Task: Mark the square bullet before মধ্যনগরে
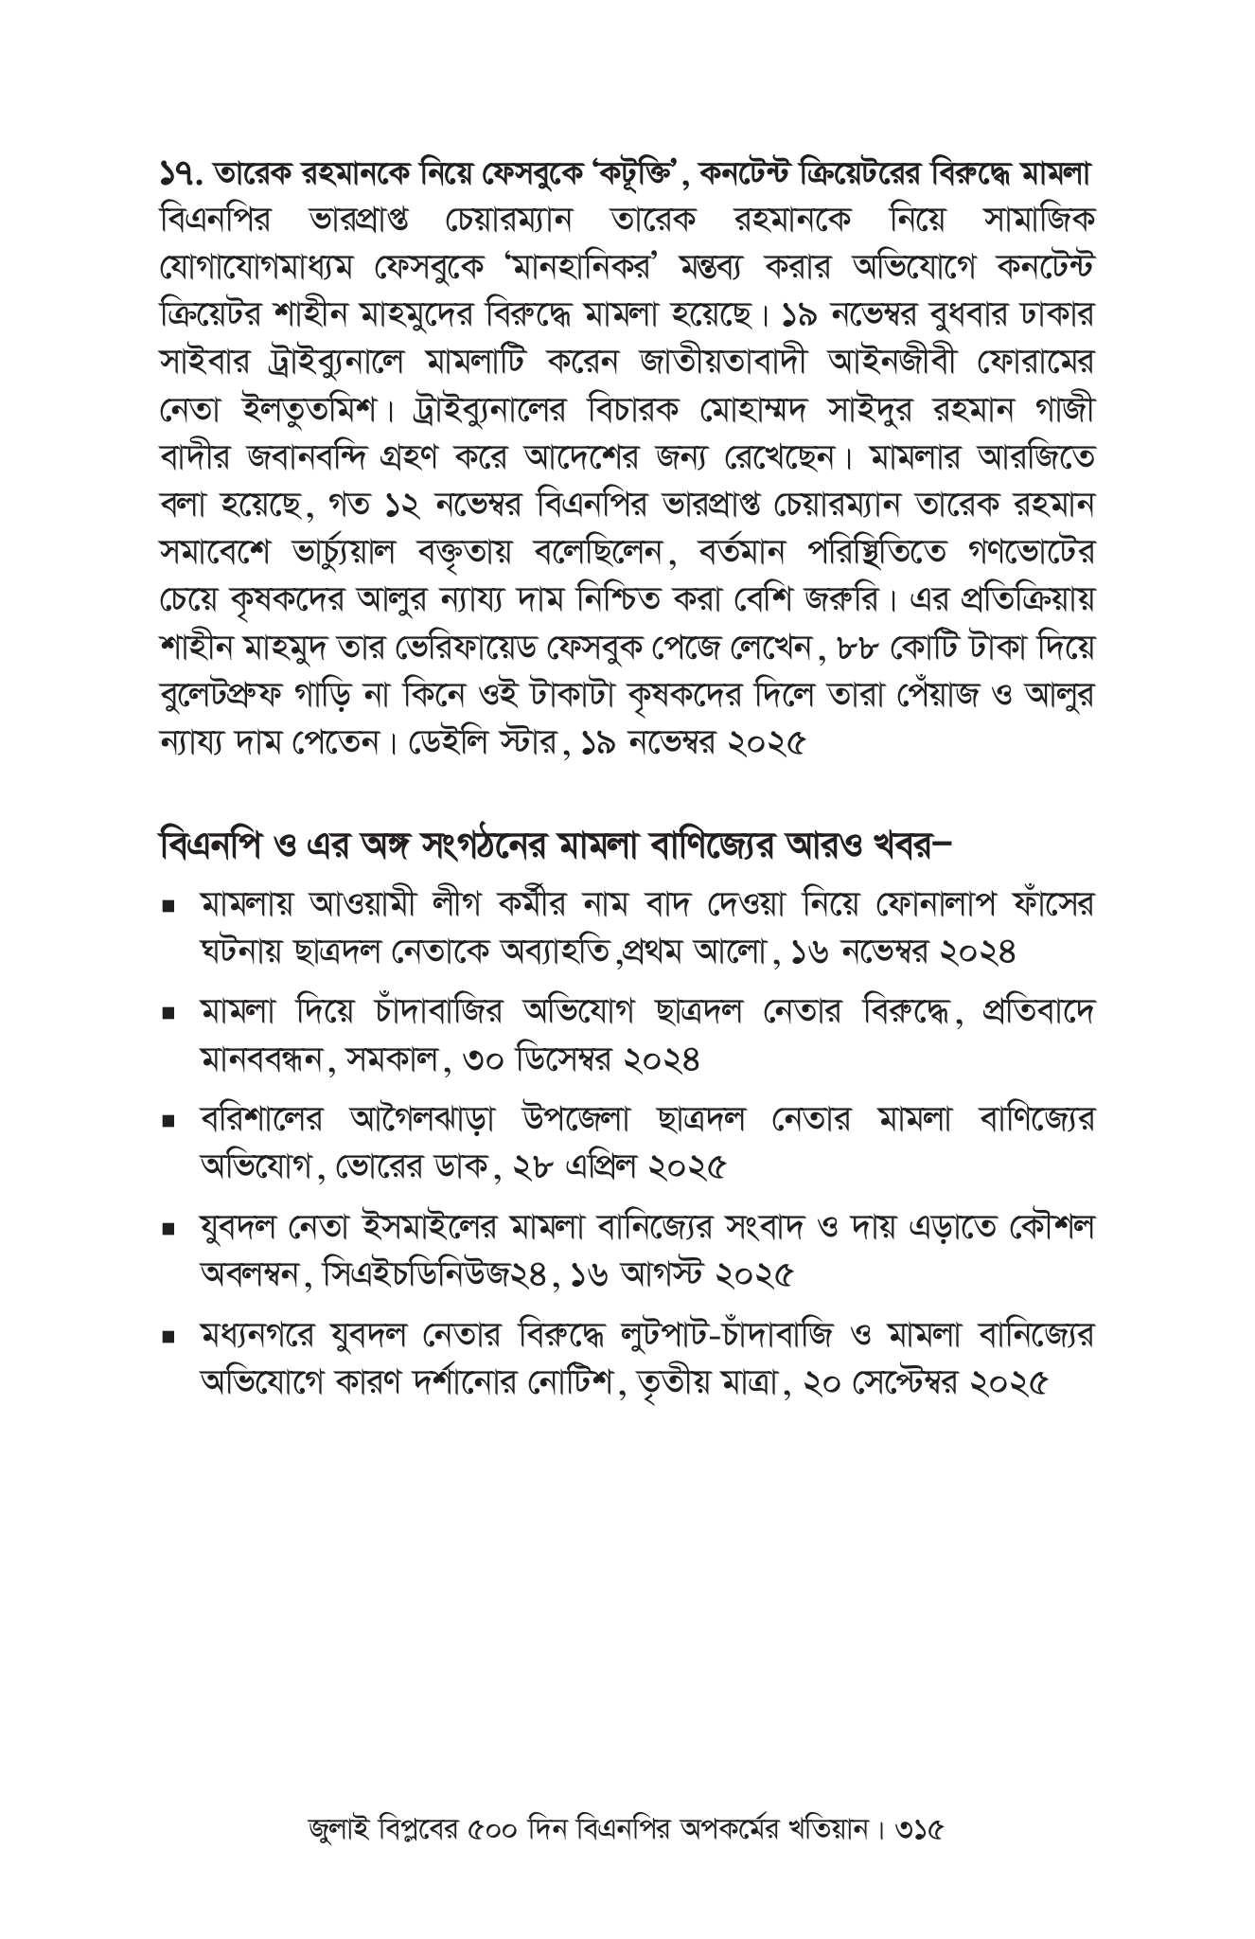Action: [x=169, y=1339]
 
